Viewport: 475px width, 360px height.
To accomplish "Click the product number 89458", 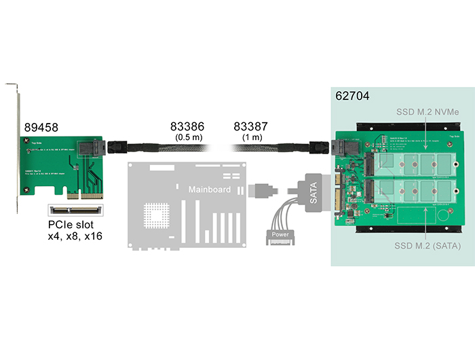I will point(41,127).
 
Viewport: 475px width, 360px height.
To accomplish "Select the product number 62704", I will point(353,96).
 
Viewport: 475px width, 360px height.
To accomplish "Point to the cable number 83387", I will point(251,126).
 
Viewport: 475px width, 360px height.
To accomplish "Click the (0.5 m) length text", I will point(187,138).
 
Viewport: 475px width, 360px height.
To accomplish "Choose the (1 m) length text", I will point(252,138).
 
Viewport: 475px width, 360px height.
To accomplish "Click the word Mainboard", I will point(209,189).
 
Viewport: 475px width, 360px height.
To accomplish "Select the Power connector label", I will point(280,234).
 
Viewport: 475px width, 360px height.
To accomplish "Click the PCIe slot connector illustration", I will point(75,209).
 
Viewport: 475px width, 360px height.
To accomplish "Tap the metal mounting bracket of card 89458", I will point(16,149).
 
